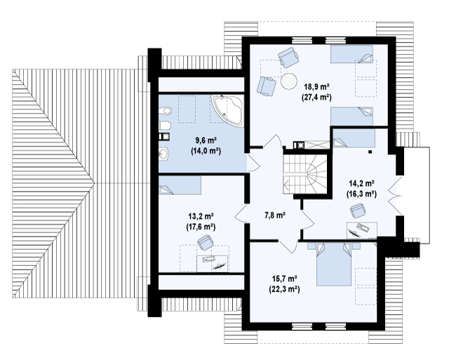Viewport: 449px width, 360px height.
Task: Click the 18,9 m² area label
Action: [316, 86]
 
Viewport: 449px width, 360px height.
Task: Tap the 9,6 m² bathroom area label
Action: [206, 140]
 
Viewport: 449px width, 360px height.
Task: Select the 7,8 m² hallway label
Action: [274, 215]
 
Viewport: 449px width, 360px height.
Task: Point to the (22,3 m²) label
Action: [284, 289]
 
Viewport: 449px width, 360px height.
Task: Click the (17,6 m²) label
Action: [201, 227]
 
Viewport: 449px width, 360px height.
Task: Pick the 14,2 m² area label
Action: [362, 182]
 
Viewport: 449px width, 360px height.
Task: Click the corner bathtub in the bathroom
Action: [227, 110]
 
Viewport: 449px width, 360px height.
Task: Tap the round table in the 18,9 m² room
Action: [289, 81]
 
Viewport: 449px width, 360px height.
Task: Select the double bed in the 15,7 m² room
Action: [334, 264]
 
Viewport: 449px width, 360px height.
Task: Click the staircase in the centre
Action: [305, 175]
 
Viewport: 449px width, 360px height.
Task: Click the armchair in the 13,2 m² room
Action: [205, 242]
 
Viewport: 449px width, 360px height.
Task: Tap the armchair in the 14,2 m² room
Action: [358, 211]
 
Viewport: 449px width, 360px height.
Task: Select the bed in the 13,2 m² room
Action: [180, 185]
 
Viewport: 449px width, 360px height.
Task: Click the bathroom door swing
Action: [253, 164]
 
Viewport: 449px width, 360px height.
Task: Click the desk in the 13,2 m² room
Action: [213, 263]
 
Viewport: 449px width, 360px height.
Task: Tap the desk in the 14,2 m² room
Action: [362, 230]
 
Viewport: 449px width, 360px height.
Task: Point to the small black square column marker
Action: [370, 152]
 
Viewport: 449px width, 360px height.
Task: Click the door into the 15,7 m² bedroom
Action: [288, 246]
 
